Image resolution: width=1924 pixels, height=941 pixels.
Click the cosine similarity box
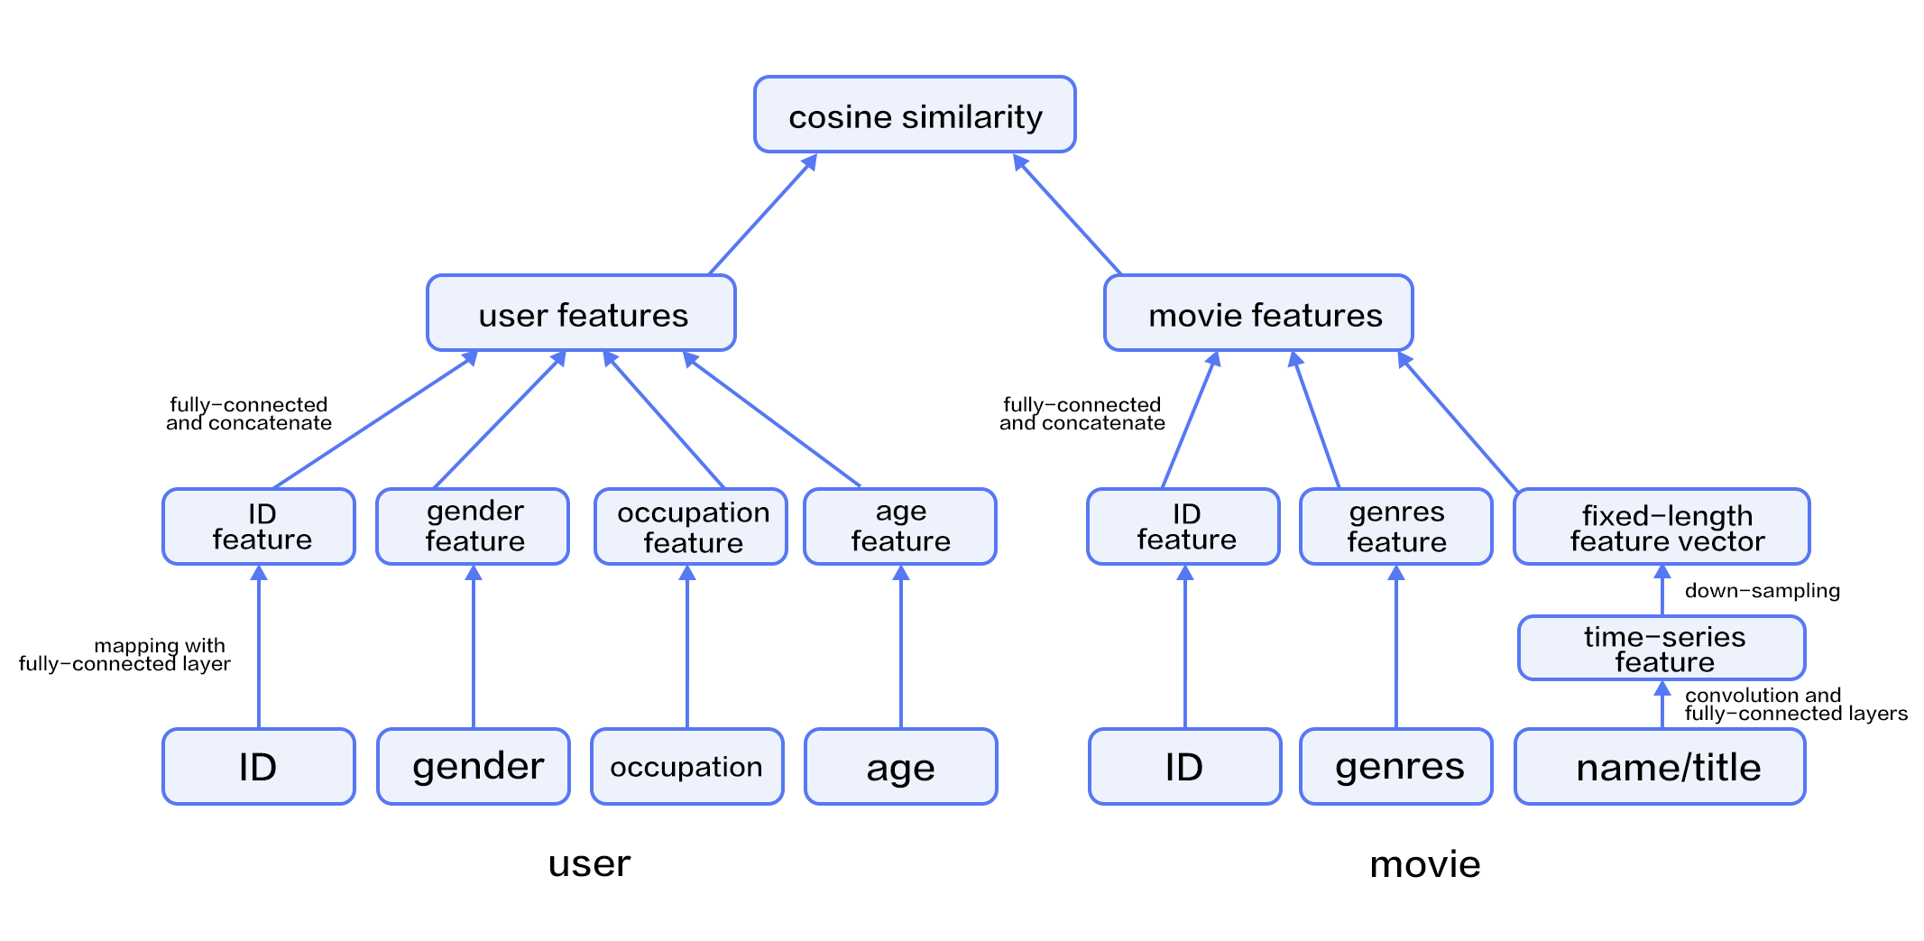pos(915,115)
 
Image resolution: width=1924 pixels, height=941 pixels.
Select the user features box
pos(581,313)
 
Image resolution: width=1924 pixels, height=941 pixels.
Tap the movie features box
pos(1258,313)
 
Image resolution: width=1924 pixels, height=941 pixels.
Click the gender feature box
pos(473,527)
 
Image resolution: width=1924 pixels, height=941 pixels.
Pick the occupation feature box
pos(691,527)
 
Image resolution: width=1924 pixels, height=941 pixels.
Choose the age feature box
pos(900,527)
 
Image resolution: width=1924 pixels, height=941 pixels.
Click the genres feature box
pos(1396,527)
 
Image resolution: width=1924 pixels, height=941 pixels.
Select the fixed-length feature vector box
pos(1662,527)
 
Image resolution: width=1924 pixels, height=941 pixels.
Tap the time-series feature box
pos(1662,648)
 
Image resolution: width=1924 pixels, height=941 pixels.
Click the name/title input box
pos(1661,767)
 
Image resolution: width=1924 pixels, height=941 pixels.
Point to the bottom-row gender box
pos(474,767)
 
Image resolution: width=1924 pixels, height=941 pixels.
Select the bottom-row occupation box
pos(687,767)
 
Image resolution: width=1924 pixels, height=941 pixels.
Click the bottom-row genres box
pos(1396,767)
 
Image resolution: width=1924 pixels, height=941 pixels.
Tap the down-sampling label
pos(1762,591)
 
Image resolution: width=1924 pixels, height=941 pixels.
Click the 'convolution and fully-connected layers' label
pos(1795,704)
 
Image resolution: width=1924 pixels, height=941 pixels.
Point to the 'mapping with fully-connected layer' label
pos(126,655)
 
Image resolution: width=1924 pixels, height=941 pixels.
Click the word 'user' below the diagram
pos(589,864)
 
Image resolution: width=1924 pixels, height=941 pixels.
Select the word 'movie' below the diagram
pos(1424,864)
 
